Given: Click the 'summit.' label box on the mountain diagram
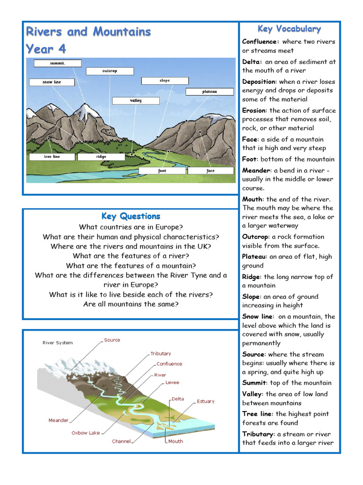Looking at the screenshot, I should click(x=57, y=63).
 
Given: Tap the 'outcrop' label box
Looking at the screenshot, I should click(x=110, y=71).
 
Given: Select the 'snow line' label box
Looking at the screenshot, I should click(x=52, y=82).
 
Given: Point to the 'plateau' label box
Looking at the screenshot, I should click(x=209, y=92).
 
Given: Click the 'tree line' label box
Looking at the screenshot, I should click(x=52, y=157).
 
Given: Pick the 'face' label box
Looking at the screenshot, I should click(x=210, y=171).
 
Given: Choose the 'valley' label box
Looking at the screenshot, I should click(x=136, y=101).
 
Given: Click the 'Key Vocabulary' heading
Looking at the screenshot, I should click(x=289, y=29).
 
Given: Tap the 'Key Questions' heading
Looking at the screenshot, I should click(x=131, y=216).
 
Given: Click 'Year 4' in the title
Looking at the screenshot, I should click(x=46, y=49).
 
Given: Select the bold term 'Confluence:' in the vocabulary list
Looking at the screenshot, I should click(x=260, y=42).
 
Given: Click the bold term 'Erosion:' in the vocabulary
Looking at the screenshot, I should click(x=254, y=110).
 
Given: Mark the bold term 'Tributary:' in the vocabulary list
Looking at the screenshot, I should click(x=258, y=434).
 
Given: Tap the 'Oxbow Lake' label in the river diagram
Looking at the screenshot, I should click(x=86, y=433).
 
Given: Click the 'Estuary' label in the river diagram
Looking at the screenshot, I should click(x=206, y=401).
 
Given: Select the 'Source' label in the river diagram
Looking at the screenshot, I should click(x=112, y=340).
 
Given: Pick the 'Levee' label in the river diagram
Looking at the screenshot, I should click(x=172, y=382).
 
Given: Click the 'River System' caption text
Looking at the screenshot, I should click(x=58, y=343).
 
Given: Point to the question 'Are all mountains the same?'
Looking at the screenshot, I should click(x=131, y=304).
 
